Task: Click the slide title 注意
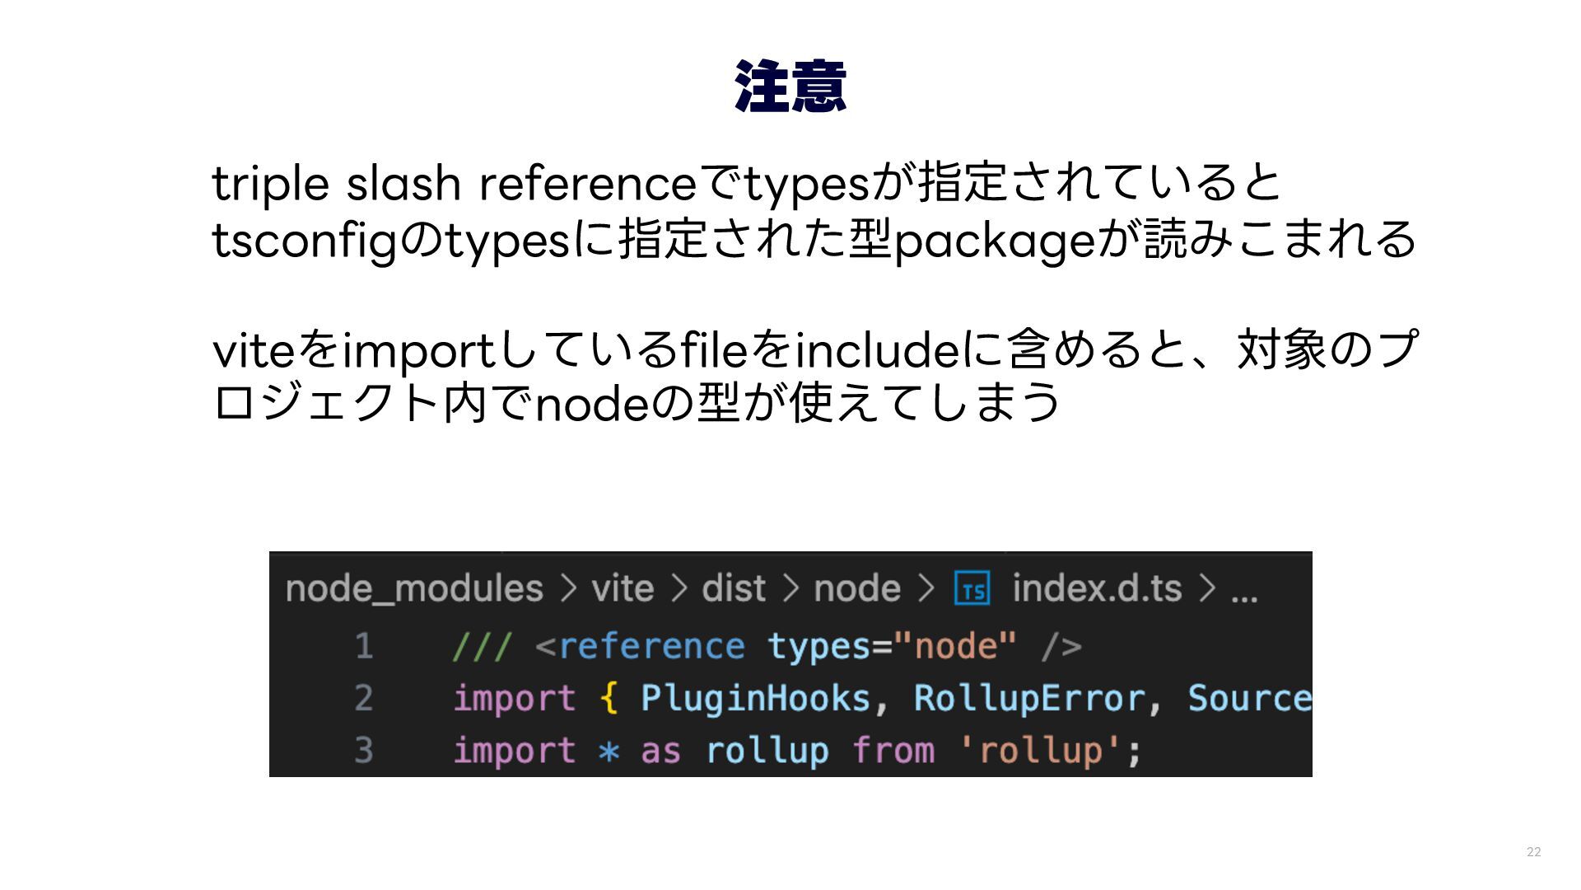tap(790, 87)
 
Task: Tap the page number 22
tap(1533, 852)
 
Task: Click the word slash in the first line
tap(403, 183)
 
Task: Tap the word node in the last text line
tap(592, 405)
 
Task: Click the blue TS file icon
tap(972, 589)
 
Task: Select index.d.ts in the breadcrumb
tap(1097, 589)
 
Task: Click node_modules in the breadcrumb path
tap(414, 589)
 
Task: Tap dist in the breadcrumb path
tap(734, 589)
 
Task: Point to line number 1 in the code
tap(364, 646)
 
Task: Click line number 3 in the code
tap(364, 751)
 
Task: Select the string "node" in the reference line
tap(955, 646)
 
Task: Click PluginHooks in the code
tap(755, 699)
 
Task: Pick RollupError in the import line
tap(1028, 699)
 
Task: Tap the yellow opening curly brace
tap(609, 699)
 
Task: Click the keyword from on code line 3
tap(893, 751)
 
